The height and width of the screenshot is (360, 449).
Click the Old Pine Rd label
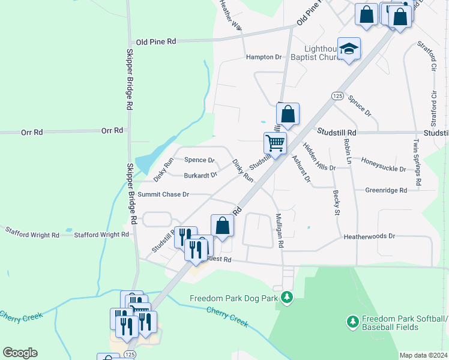pos(155,41)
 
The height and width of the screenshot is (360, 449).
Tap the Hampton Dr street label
pos(264,57)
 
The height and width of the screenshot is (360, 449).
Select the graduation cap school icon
pos(348,49)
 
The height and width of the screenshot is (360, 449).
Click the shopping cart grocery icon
pos(275,143)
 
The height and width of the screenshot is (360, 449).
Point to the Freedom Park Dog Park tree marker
pos(287,297)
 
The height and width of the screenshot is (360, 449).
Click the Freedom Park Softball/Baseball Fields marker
pos(353,322)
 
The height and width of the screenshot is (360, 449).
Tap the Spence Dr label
pos(199,160)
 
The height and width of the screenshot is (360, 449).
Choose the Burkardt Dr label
pos(200,176)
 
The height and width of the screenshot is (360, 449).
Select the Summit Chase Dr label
pos(163,194)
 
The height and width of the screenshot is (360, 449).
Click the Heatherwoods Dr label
pos(369,236)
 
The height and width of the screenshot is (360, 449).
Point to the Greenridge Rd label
pos(386,190)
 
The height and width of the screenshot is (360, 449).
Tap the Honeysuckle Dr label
pos(384,164)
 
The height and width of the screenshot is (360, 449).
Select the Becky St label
pos(336,203)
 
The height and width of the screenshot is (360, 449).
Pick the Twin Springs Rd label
pos(417,161)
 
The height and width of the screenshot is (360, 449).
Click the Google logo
pos(20,353)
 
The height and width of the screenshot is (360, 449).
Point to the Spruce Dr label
pos(360,105)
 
